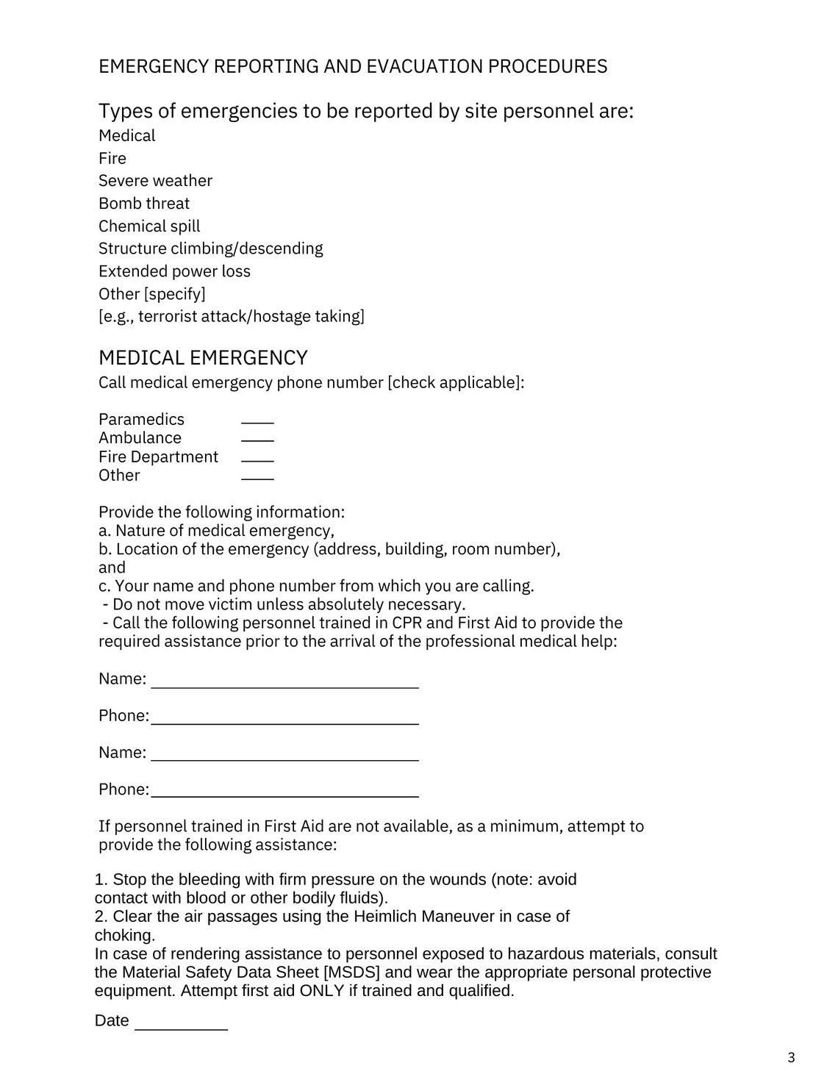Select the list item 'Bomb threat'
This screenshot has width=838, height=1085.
pyautogui.click(x=144, y=204)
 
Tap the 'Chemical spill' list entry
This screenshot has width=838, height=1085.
pyautogui.click(x=149, y=226)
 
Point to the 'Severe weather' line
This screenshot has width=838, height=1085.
pyautogui.click(x=155, y=181)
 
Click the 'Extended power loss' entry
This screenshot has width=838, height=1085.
pyautogui.click(x=174, y=271)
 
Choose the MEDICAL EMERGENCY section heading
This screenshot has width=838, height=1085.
pyautogui.click(x=203, y=358)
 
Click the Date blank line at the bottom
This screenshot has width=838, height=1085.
pyautogui.click(x=181, y=1026)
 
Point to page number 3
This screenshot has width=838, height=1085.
pyautogui.click(x=791, y=1058)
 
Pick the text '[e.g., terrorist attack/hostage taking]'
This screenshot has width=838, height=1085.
pyautogui.click(x=232, y=317)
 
